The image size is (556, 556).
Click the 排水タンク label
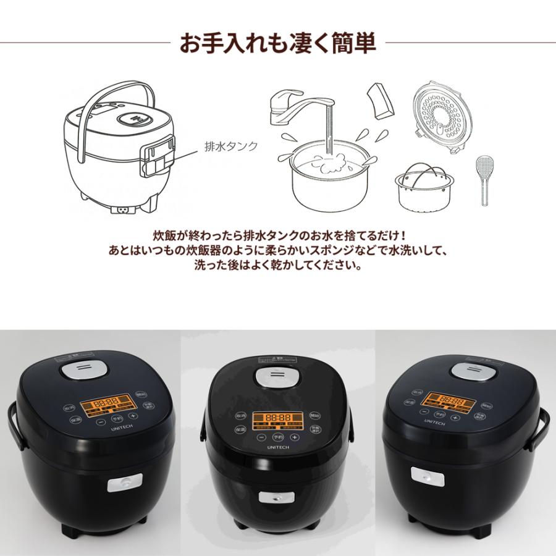pos(230,148)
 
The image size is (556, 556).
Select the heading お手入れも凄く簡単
pos(277,44)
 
